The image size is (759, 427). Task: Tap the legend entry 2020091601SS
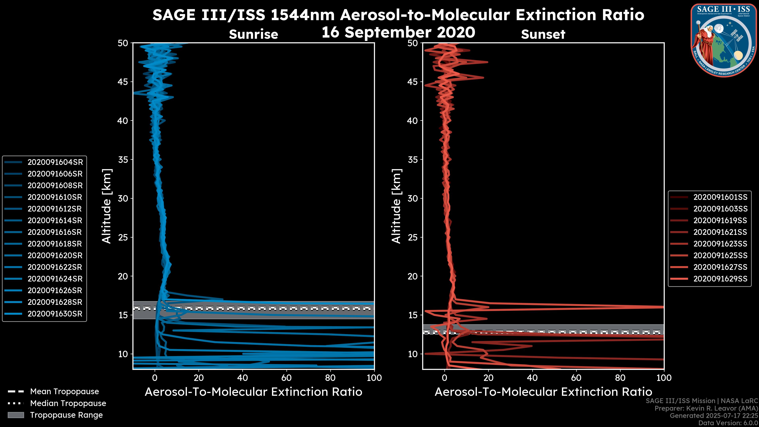720,197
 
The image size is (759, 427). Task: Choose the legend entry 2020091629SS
720,279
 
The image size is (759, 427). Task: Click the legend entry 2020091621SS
720,232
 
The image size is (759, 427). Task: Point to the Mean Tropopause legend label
64,391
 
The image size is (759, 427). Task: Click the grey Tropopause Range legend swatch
16,415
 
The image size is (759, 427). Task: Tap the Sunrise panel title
253,34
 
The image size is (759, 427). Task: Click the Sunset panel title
543,34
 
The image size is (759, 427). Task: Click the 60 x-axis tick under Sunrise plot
286,378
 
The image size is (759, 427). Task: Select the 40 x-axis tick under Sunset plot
532,378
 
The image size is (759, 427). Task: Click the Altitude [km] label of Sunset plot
396,206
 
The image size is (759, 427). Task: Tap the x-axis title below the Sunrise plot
253,392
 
